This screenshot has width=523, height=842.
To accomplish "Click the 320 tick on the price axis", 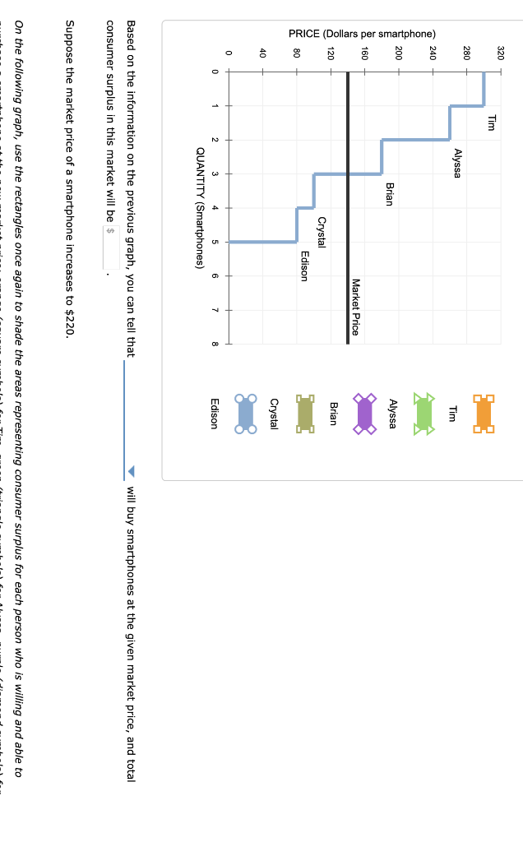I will [x=500, y=53].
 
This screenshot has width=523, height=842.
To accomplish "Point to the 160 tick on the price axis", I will [x=364, y=53].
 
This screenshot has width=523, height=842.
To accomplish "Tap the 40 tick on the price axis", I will [x=262, y=53].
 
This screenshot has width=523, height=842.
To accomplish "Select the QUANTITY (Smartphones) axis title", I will [x=201, y=208].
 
